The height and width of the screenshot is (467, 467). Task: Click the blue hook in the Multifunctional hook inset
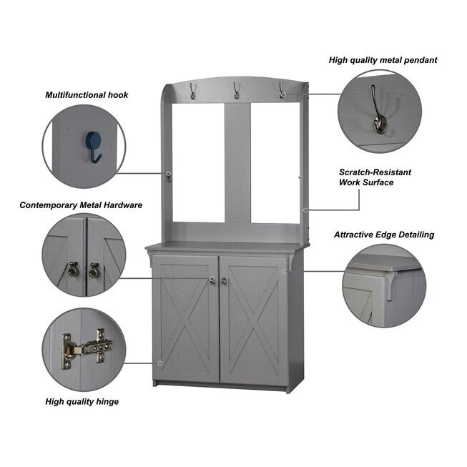tap(93, 146)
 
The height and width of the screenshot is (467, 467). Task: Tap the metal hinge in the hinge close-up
tap(87, 348)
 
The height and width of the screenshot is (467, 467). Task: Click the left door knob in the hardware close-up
tap(73, 270)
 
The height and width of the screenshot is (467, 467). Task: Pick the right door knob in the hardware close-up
tap(94, 270)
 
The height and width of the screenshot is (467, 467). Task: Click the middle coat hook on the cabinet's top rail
tap(237, 91)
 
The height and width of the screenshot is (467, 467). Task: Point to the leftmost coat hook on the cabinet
tap(192, 91)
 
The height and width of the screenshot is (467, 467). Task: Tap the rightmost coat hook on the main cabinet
tap(282, 90)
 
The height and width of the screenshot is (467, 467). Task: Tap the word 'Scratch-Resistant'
tap(375, 172)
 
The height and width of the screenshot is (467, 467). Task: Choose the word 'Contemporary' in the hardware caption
tap(49, 205)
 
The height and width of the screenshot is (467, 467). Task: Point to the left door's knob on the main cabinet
tap(212, 281)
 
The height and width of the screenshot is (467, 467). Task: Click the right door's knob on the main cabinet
tap(224, 281)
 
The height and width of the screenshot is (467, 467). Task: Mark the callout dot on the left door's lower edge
tap(160, 363)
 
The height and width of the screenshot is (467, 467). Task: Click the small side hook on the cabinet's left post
tap(169, 178)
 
